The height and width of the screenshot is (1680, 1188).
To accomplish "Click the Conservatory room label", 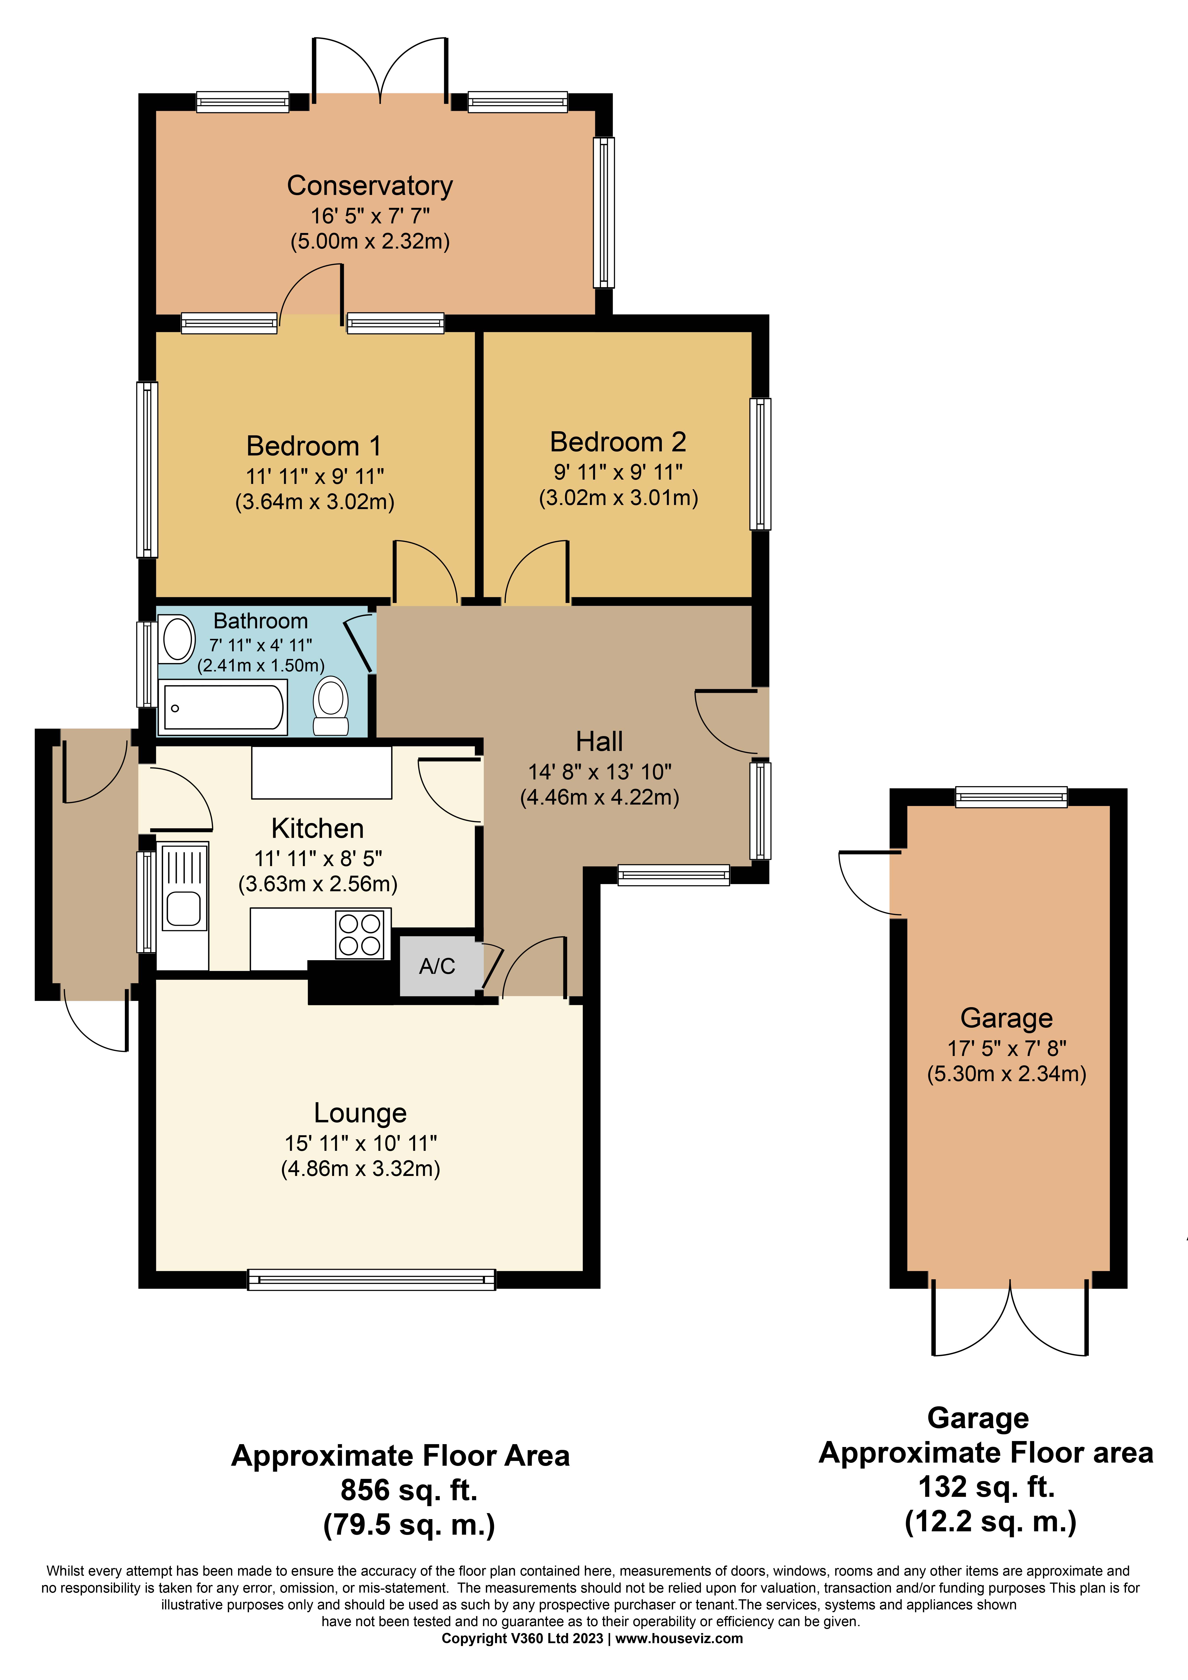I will point(370,186).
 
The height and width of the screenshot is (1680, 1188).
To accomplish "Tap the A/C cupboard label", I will point(437,967).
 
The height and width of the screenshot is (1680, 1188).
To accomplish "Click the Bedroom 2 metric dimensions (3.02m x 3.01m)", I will point(618,498).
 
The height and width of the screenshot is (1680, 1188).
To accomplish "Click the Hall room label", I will point(599,741).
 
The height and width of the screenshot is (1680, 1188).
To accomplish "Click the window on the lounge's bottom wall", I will point(371,1279).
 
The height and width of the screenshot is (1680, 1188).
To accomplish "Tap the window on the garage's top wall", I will point(1011,797).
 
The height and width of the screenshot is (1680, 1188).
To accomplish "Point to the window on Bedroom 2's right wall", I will point(761,463).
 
